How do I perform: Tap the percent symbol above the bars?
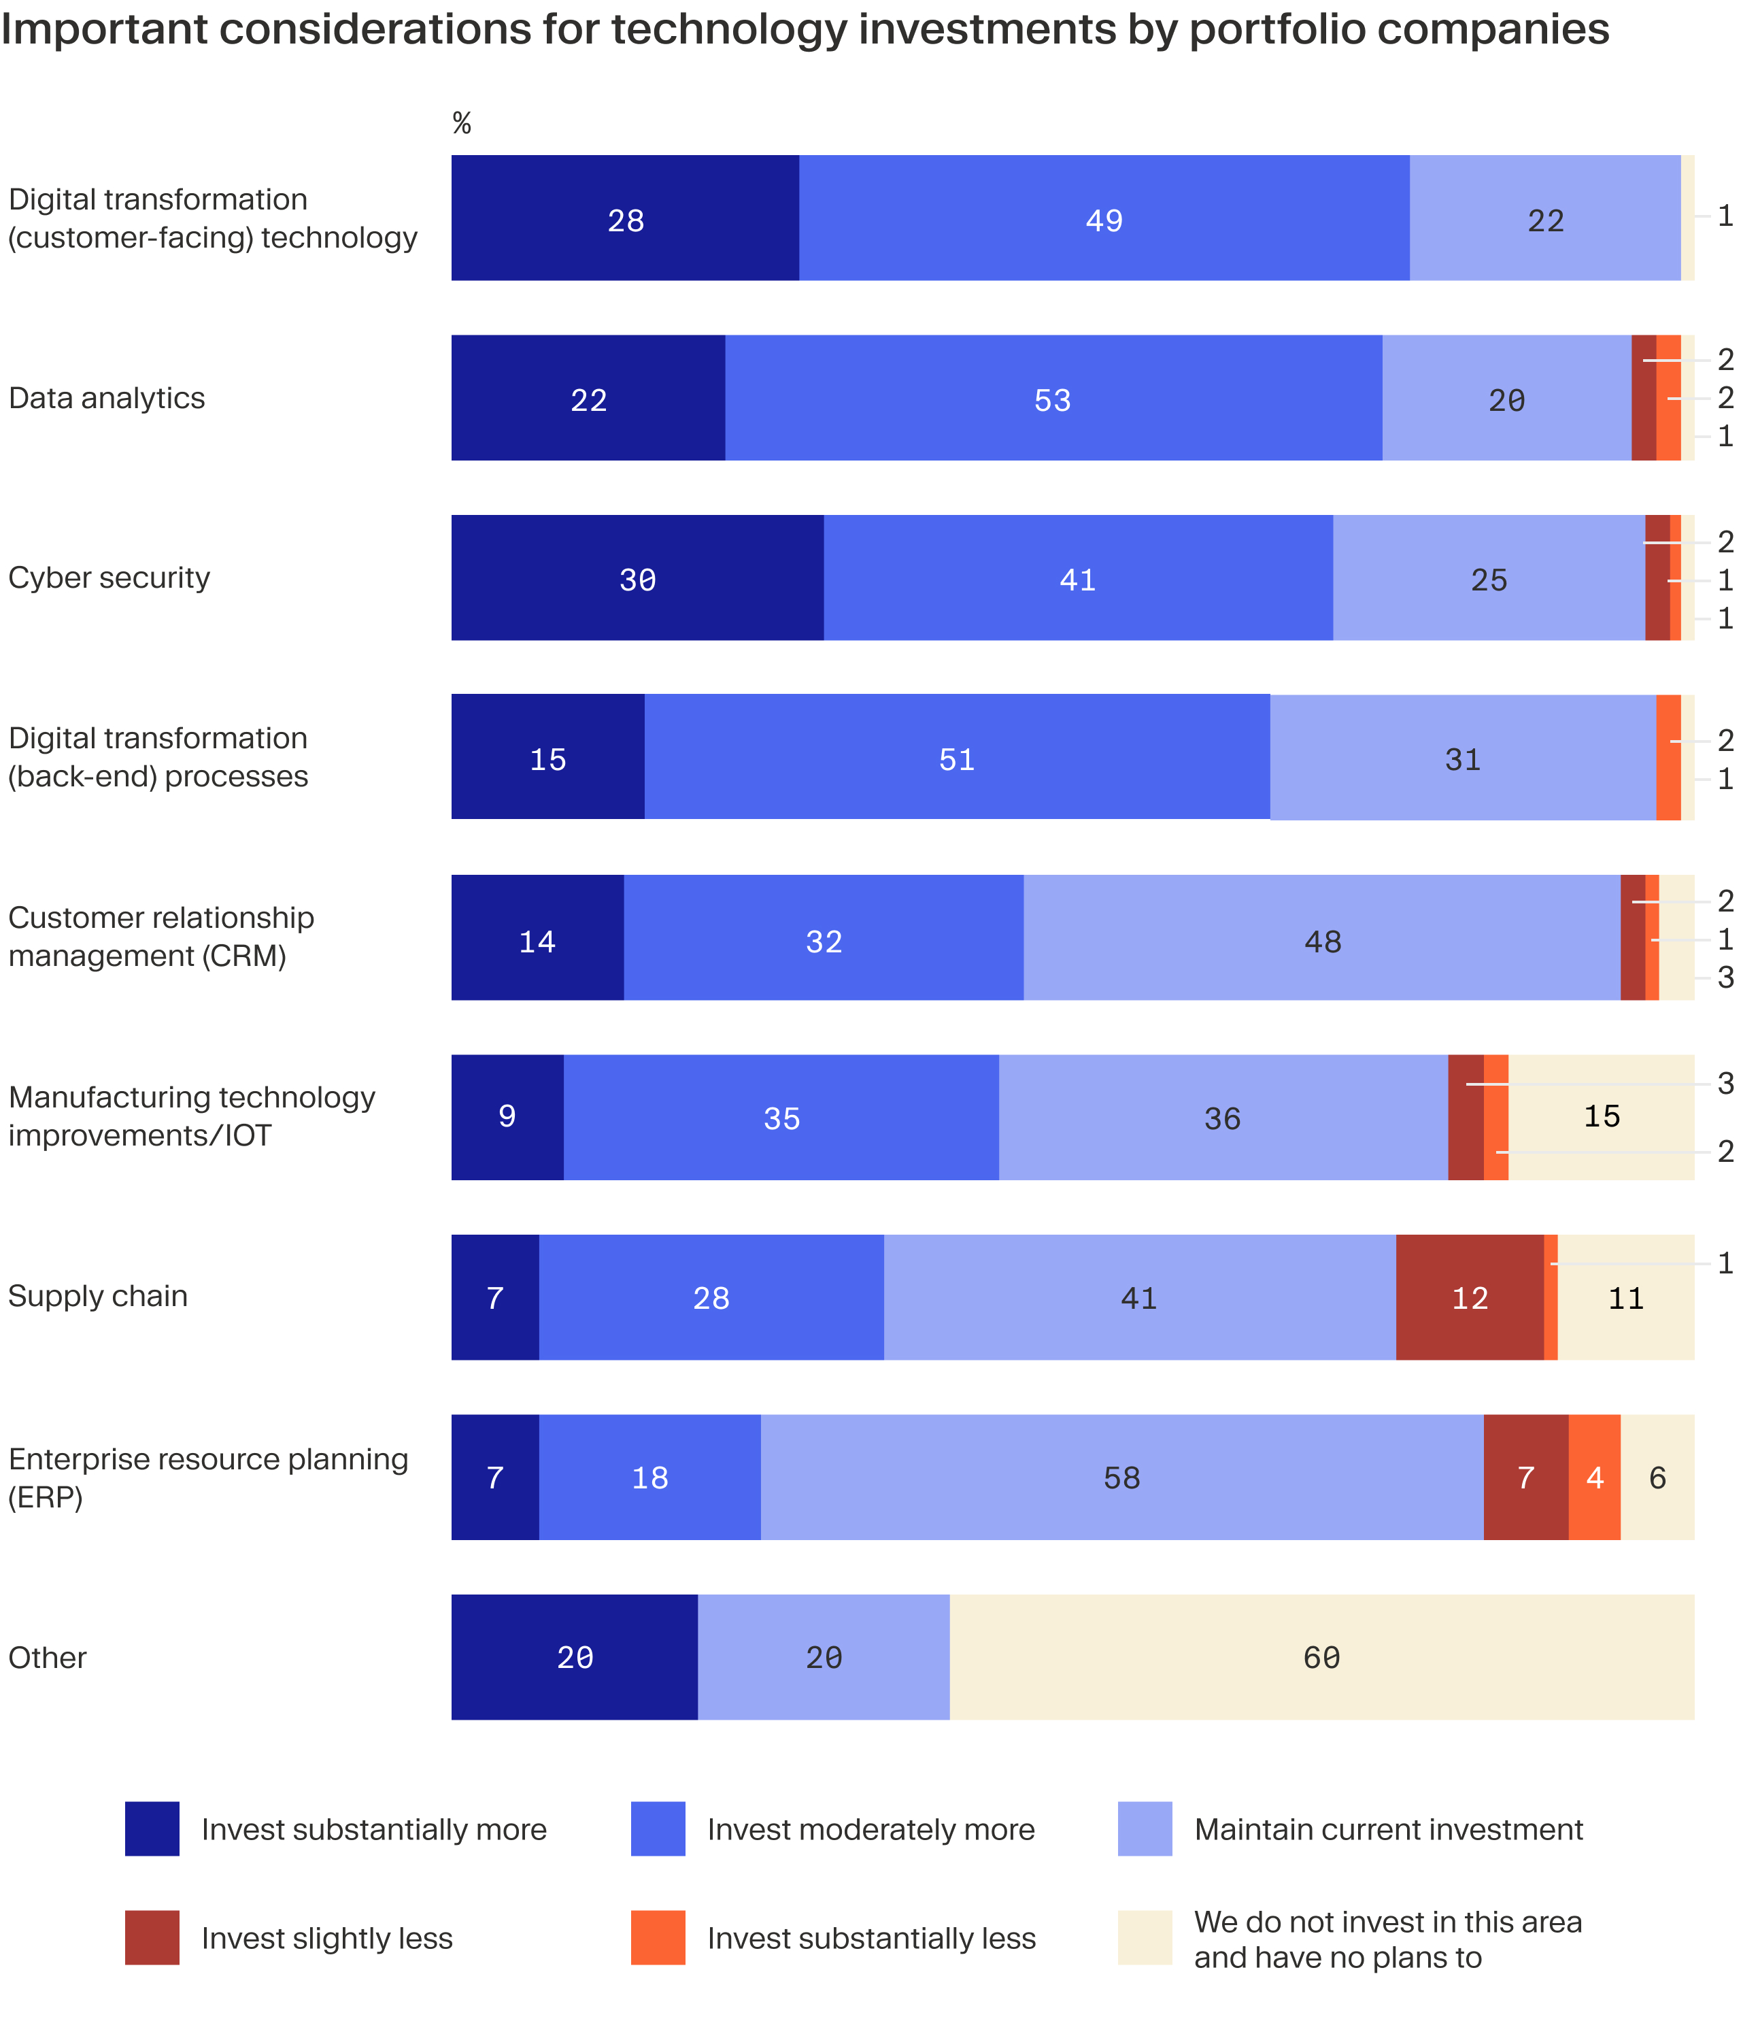point(462,124)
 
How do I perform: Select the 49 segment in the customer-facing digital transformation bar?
point(1103,219)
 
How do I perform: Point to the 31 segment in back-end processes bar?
point(1461,758)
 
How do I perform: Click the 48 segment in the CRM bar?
point(1321,939)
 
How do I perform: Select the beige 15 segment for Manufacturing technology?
point(1601,1117)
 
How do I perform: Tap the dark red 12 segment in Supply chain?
point(1469,1298)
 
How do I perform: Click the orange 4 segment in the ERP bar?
point(1594,1478)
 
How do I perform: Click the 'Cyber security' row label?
point(109,578)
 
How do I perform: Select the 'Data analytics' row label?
point(106,399)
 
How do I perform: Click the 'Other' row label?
point(47,1658)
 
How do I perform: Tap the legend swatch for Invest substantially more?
point(152,1829)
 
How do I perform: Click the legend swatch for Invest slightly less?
point(152,1937)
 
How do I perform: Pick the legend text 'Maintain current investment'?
point(1388,1829)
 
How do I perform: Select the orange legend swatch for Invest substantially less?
point(658,1937)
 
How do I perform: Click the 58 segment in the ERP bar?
point(1121,1478)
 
